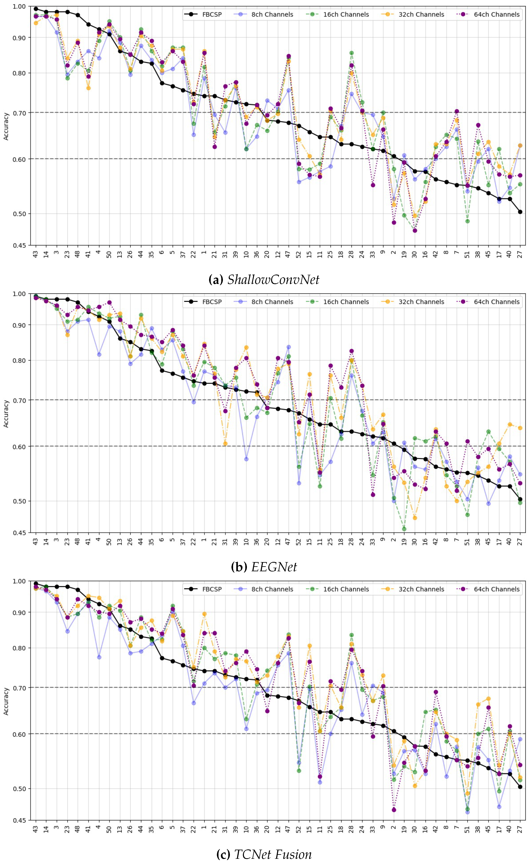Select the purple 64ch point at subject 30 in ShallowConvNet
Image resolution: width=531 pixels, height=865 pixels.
(415, 231)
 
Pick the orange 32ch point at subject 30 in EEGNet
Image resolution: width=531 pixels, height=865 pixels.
(415, 518)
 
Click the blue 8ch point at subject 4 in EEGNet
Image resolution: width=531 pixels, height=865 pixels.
(99, 354)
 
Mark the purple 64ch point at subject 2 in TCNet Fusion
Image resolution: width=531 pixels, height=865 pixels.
(394, 810)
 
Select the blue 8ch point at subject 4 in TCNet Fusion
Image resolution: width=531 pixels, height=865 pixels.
(99, 657)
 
